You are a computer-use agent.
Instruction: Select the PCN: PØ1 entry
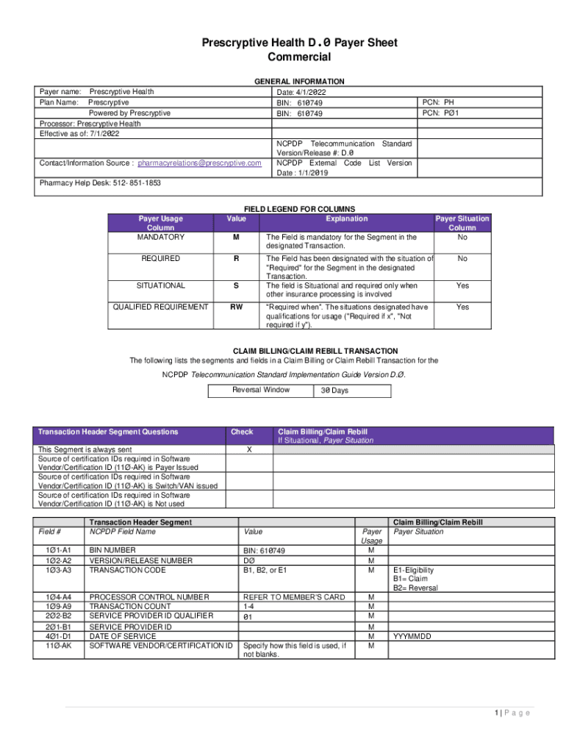pos(441,113)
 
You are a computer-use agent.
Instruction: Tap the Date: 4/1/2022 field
pos(301,93)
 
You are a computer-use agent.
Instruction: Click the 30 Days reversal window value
pos(334,390)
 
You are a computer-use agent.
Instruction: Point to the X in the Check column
pos(248,449)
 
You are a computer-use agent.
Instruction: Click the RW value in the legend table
pos(237,307)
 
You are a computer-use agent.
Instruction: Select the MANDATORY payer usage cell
pos(160,238)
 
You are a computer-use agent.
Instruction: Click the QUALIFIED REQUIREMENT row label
pos(160,307)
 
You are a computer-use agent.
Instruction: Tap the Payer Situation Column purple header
pos(462,223)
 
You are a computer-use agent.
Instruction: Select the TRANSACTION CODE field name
pos(126,570)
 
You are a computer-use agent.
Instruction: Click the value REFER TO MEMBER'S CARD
pos(293,597)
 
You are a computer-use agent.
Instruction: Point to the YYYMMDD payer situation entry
pos(412,636)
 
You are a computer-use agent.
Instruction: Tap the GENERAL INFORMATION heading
pos(298,82)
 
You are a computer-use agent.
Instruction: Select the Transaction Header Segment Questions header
pos(108,432)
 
